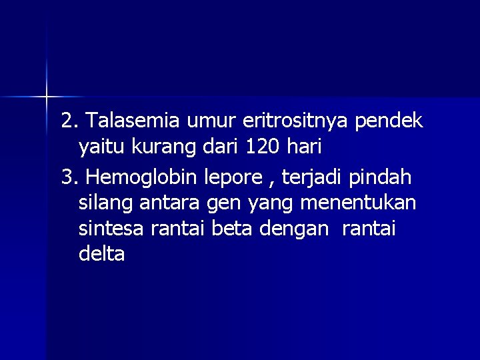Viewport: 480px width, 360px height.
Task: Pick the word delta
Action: (101, 254)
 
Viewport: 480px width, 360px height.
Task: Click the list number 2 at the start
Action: (68, 121)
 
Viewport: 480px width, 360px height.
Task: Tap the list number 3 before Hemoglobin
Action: (68, 178)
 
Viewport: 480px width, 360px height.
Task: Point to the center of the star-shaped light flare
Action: (47, 97)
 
